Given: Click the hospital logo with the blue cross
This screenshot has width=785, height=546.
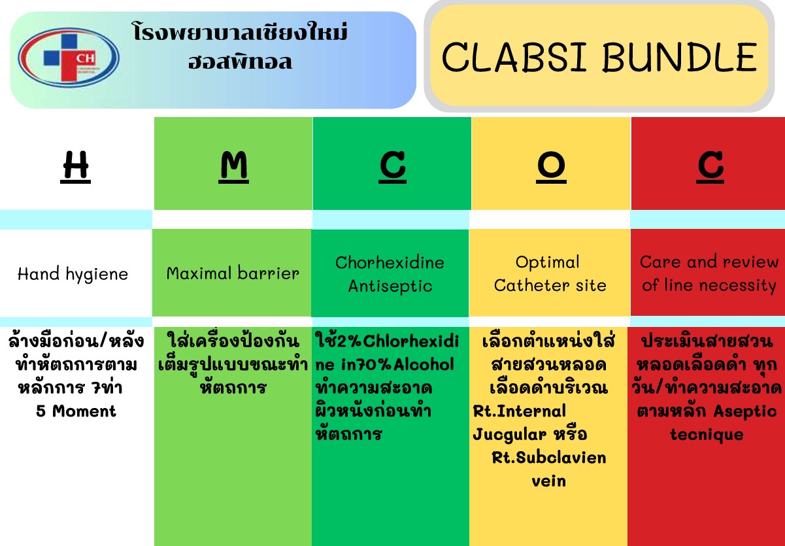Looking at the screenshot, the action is tap(69, 58).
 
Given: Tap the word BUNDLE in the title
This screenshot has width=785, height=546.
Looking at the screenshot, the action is tap(680, 57).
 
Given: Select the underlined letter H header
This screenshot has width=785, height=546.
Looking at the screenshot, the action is tap(75, 167).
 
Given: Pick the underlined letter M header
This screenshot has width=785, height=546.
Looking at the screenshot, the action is tap(234, 167).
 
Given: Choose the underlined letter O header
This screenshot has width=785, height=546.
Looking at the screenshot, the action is tap(551, 167).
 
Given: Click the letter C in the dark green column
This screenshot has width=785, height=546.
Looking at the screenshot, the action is tap(392, 167).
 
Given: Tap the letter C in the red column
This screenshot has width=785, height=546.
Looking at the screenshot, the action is tap(710, 167).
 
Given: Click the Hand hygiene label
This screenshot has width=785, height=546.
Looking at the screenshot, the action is tap(73, 274).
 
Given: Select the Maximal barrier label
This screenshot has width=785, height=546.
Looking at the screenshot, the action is tap(233, 273).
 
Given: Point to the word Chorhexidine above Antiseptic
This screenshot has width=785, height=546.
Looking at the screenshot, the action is tap(390, 262).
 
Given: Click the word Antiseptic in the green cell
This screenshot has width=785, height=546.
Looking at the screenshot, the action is tap(390, 286).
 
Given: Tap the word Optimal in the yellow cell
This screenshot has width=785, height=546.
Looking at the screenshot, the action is tap(547, 262).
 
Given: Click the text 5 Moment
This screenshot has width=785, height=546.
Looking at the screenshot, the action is tap(76, 411).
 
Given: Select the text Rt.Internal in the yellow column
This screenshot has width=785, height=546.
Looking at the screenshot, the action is tap(520, 411).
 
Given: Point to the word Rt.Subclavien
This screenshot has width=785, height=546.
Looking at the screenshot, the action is tap(549, 458).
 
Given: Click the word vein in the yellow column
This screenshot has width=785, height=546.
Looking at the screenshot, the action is tap(549, 481).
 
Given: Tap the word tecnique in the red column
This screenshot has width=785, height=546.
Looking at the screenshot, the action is tap(707, 435).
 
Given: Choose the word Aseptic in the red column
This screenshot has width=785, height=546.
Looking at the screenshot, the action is tap(745, 411).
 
